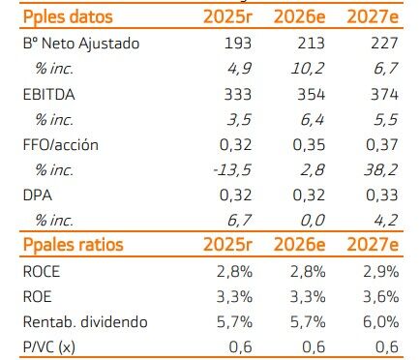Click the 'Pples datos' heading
click(x=68, y=17)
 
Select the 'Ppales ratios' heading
click(x=74, y=245)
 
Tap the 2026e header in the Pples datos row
click(x=299, y=16)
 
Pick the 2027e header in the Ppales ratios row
click(x=373, y=245)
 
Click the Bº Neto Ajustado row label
click(x=81, y=44)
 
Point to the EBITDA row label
click(x=49, y=95)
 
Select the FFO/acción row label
click(x=61, y=145)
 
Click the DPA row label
click(x=38, y=195)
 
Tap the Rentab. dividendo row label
click(x=85, y=322)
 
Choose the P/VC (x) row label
click(x=49, y=347)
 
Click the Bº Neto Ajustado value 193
click(x=238, y=44)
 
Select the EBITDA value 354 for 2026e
click(x=311, y=95)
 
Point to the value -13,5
click(x=232, y=170)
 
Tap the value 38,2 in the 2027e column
click(x=381, y=170)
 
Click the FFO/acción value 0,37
click(x=382, y=145)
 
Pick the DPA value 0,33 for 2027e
click(x=382, y=195)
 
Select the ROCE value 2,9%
click(x=381, y=272)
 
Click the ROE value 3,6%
click(x=381, y=297)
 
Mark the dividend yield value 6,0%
click(x=381, y=322)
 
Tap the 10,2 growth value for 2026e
click(x=308, y=69)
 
